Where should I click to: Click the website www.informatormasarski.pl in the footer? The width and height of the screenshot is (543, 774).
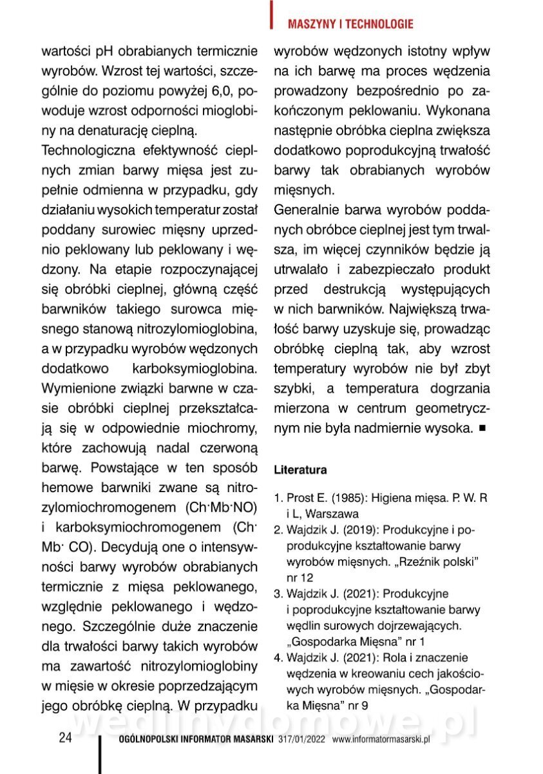381,740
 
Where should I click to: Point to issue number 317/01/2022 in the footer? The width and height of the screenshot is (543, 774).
303,740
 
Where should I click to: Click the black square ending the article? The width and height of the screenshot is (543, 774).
482,428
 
